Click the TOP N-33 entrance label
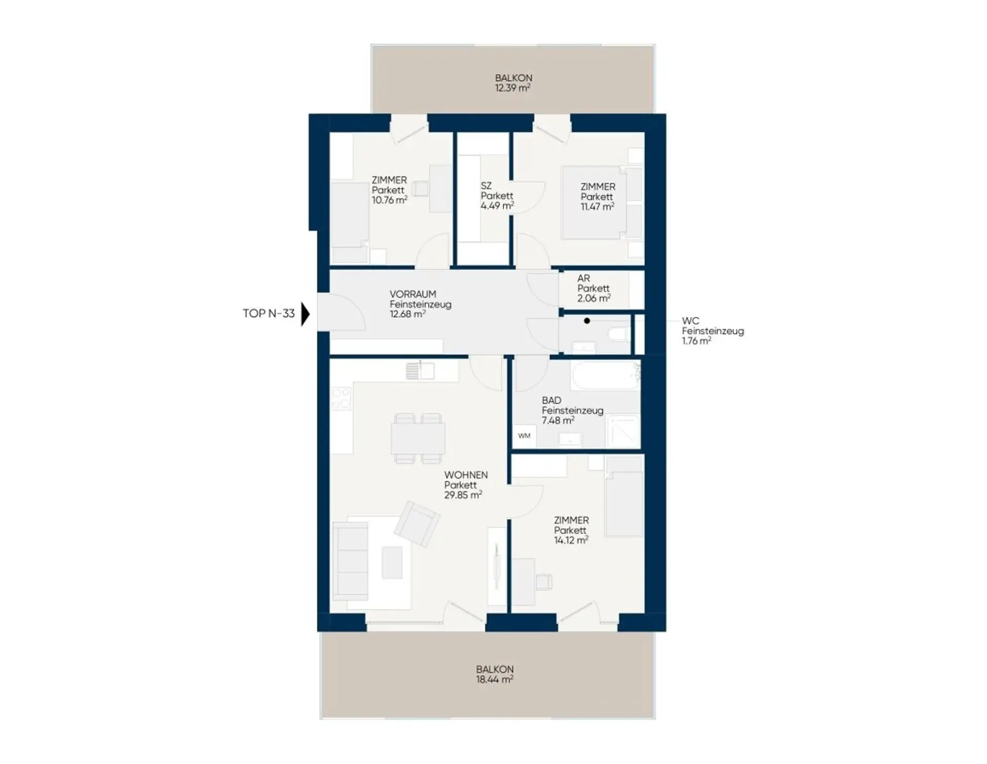pyautogui.click(x=269, y=314)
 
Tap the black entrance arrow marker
pyautogui.click(x=305, y=314)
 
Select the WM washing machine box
pyautogui.click(x=524, y=436)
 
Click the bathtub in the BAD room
pyautogui.click(x=605, y=375)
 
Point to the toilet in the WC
pyautogui.click(x=618, y=335)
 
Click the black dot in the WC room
pyautogui.click(x=587, y=321)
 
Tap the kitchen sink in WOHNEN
pyautogui.click(x=420, y=370)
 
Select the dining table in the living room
pyautogui.click(x=418, y=439)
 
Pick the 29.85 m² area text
pyautogui.click(x=463, y=495)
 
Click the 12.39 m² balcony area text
pyautogui.click(x=513, y=88)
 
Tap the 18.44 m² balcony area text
pyautogui.click(x=495, y=679)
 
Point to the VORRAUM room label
pyautogui.click(x=413, y=295)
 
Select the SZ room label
pyautogui.click(x=486, y=186)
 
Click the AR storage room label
pyautogui.click(x=583, y=279)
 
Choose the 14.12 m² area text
pyautogui.click(x=571, y=540)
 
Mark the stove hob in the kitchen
pyautogui.click(x=341, y=399)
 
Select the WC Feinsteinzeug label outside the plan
pyautogui.click(x=712, y=331)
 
